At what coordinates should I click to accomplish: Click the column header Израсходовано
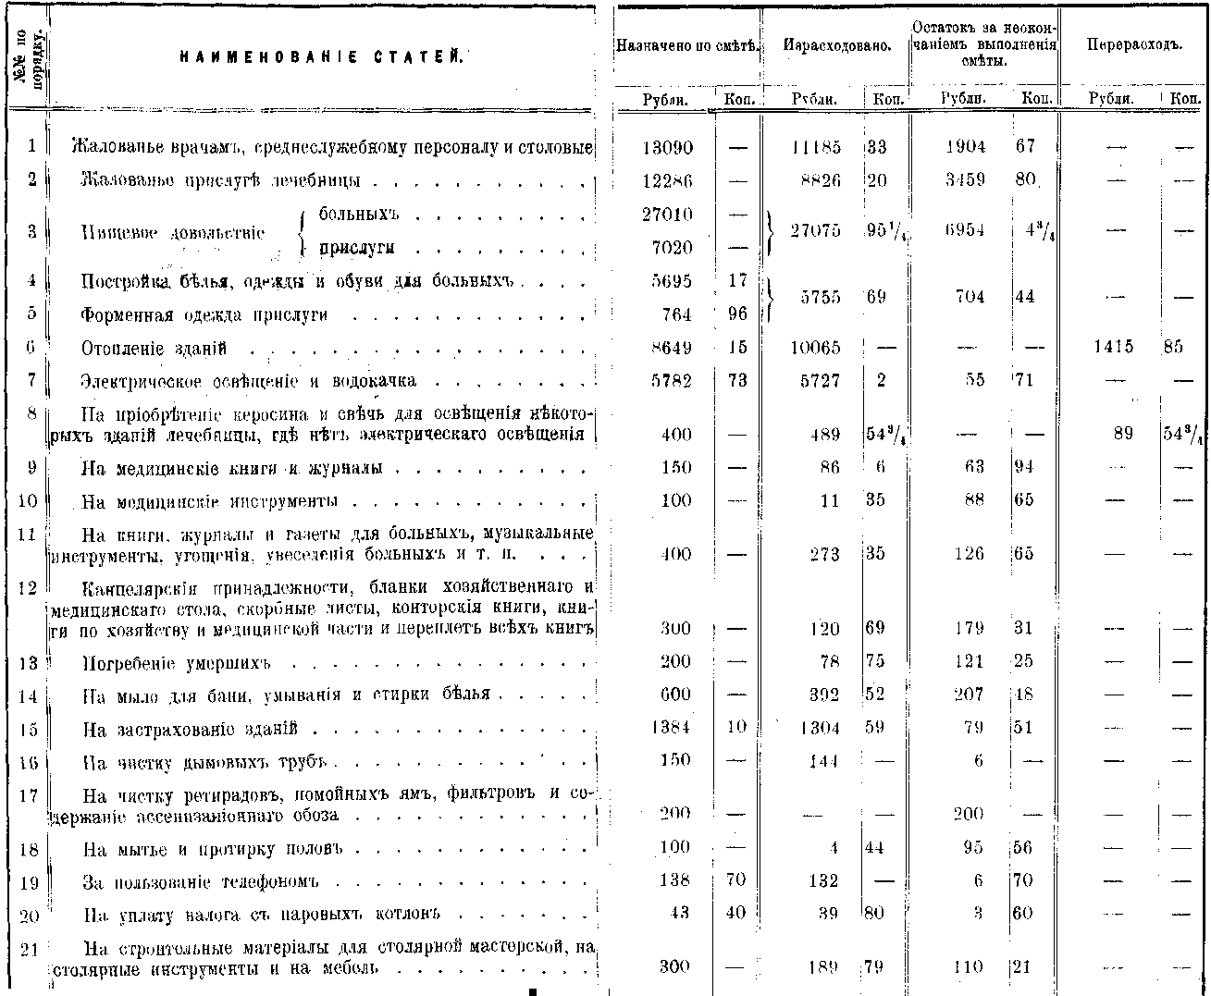pyautogui.click(x=836, y=45)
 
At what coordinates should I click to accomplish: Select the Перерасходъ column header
pyautogui.click(x=1133, y=45)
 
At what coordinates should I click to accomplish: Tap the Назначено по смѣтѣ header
pyautogui.click(x=687, y=45)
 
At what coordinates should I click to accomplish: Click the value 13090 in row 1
pyautogui.click(x=667, y=147)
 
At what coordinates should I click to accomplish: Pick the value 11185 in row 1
pyautogui.click(x=817, y=147)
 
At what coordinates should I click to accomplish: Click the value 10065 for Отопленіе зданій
pyautogui.click(x=815, y=349)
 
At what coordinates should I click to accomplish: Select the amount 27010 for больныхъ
pyautogui.click(x=667, y=215)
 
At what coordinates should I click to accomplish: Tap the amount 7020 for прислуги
pyautogui.click(x=672, y=248)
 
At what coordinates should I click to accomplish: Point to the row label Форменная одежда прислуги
pyautogui.click(x=204, y=315)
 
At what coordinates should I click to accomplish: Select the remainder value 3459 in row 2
pyautogui.click(x=965, y=180)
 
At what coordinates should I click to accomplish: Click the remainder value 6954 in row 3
pyautogui.click(x=964, y=231)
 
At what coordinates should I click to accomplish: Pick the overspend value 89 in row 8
pyautogui.click(x=1122, y=434)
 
